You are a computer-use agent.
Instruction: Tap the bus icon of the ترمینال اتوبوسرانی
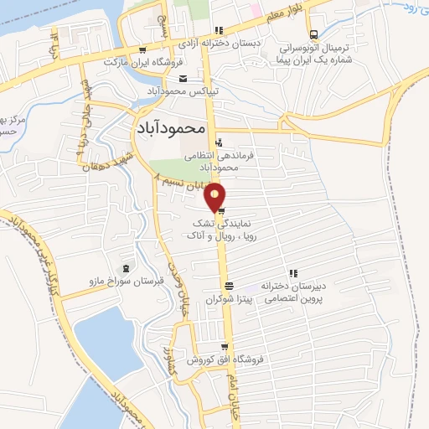313,35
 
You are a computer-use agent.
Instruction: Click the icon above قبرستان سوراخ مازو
126,268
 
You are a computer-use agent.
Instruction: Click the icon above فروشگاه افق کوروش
225,347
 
